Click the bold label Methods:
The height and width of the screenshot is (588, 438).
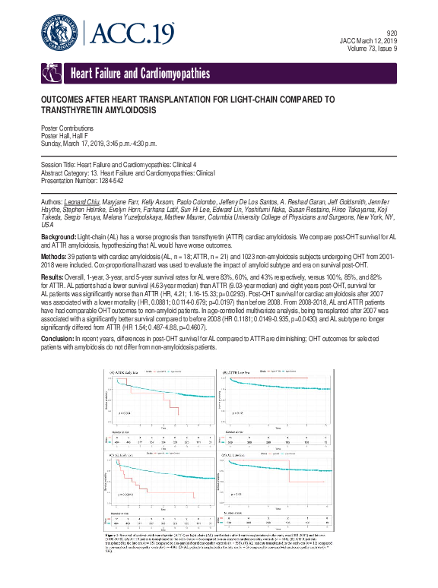tap(55, 236)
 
